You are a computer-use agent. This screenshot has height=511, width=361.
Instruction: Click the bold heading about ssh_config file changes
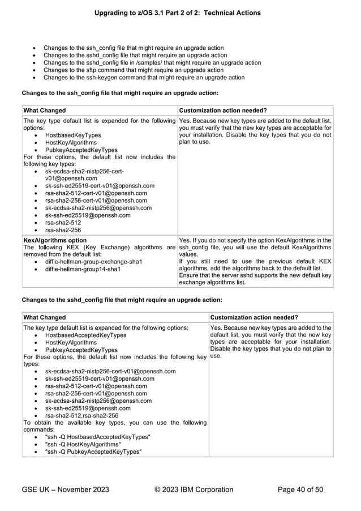[x=119, y=92]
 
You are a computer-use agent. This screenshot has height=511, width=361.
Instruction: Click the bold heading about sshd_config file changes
[x=122, y=299]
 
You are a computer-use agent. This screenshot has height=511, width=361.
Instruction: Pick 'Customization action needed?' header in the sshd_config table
[x=254, y=317]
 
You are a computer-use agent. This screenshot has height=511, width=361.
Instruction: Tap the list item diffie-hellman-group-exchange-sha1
[x=93, y=262]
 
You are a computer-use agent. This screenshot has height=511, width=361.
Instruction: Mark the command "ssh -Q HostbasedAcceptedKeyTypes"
[x=97, y=437]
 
